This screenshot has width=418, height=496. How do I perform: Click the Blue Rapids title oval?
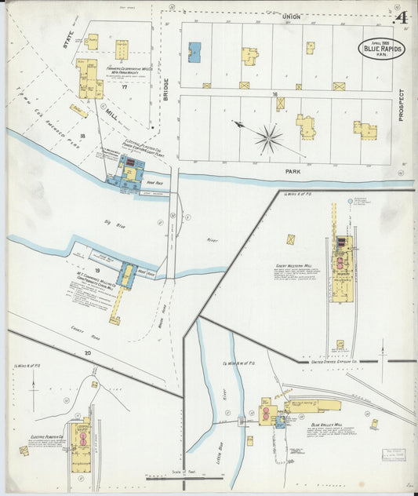tap(382, 48)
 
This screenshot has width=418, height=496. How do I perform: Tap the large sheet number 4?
tap(402, 17)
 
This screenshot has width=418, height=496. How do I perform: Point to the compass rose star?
tap(268, 139)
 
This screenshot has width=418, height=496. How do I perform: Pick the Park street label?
tap(271, 168)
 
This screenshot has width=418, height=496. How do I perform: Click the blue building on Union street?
tap(194, 52)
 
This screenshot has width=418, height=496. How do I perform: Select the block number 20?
tap(88, 353)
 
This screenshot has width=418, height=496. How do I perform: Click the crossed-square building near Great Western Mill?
tap(291, 239)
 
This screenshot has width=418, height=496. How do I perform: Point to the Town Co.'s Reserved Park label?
tap(47, 126)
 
